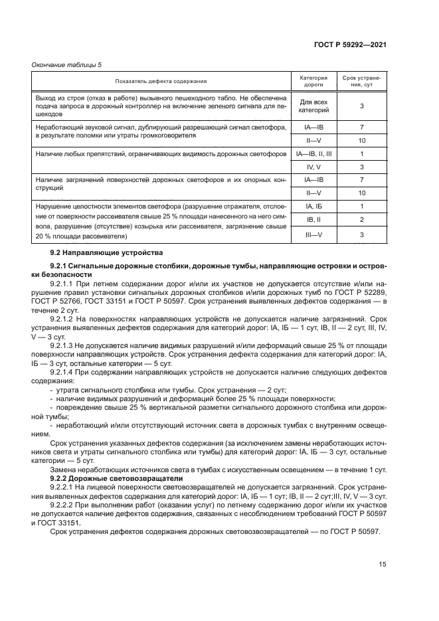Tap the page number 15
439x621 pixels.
pos(383,565)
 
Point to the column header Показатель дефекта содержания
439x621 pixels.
pos(161,81)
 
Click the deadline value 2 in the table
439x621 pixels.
pos(361,219)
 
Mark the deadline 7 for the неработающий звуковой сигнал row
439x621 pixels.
pos(361,127)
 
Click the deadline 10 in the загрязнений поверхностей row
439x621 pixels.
pos(361,193)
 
